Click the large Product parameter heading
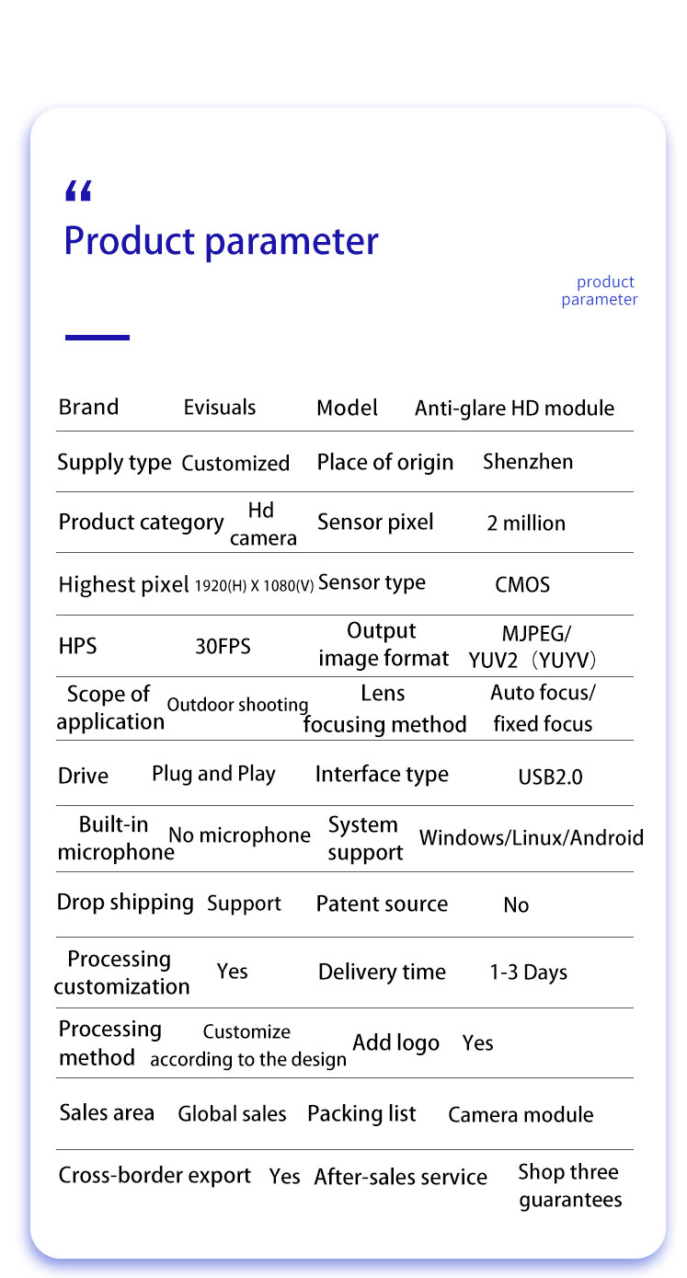[x=221, y=241]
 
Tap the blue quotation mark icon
[x=79, y=191]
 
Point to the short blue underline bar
[x=97, y=338]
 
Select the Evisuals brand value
[x=220, y=408]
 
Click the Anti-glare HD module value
[x=514, y=409]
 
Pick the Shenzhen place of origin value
[x=528, y=462]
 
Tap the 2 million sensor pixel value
[x=526, y=524]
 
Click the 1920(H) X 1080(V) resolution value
[x=254, y=585]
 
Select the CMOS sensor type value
[x=522, y=585]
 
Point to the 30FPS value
[x=223, y=647]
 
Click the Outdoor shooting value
[x=237, y=706]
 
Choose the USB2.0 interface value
[x=550, y=777]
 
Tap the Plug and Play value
[x=213, y=775]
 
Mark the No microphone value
[x=239, y=835]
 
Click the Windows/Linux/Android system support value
[x=531, y=838]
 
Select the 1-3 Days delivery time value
[x=528, y=973]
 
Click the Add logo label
[x=395, y=1043]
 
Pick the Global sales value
[x=232, y=1114]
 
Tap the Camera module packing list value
[x=521, y=1115]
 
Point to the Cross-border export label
[x=155, y=1176]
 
